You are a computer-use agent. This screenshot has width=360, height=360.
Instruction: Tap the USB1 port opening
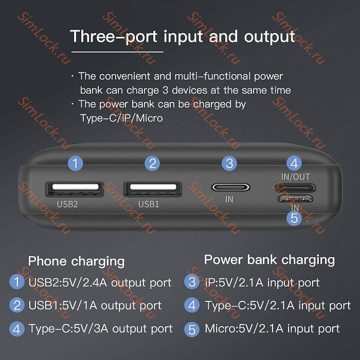pos(152,188)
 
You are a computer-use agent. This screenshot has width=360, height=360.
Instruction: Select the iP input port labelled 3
pos(229,187)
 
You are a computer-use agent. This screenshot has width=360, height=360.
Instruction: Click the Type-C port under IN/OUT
pos(295,188)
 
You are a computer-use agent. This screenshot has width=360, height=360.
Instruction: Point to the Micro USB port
pos(295,199)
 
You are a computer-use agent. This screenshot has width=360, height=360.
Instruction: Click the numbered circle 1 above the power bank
pos(76,164)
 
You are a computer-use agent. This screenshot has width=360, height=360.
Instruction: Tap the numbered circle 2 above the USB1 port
pos(152,164)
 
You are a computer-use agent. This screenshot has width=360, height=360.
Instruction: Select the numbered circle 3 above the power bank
pos(229,164)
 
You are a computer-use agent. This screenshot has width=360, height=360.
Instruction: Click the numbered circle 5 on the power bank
pos(294,218)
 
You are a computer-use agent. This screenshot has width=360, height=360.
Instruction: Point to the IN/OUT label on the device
pos(296,176)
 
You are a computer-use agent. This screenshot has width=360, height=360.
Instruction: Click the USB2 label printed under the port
pos(67,204)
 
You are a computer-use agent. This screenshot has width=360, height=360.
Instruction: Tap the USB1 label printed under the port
pos(149,204)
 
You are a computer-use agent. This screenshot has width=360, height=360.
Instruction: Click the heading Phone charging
pos(76,261)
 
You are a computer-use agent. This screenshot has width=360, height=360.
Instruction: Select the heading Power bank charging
pos(269,259)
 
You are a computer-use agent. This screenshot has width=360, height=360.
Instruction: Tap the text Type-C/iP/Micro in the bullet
pos(121,118)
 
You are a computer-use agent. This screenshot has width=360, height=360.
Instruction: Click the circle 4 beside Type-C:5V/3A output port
pos(17,328)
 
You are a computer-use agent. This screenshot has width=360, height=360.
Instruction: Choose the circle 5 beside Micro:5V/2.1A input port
pos(192,329)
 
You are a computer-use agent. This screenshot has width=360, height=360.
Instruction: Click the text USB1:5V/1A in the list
pos(63,305)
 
